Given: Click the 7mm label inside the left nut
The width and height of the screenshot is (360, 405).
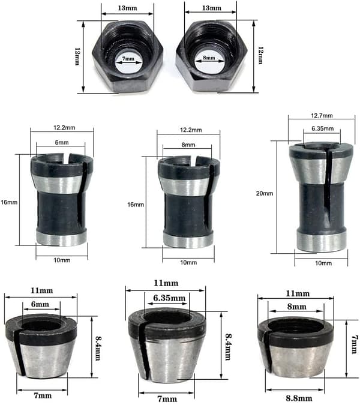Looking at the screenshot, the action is (128, 59).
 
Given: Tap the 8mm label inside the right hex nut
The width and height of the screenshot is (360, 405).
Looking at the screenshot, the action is (209, 58).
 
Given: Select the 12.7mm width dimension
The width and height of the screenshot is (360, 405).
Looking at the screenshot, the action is (322, 115).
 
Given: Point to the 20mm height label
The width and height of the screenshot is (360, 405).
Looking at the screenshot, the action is (265, 193).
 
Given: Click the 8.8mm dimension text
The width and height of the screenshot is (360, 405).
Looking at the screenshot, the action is (299, 398).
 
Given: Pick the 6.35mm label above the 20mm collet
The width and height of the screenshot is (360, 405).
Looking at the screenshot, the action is (322, 128).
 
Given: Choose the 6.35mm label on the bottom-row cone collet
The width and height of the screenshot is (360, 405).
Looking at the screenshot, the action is (169, 298).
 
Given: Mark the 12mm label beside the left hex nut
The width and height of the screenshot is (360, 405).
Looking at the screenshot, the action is (77, 56).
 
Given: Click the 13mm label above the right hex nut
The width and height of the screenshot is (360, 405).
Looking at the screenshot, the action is (212, 8).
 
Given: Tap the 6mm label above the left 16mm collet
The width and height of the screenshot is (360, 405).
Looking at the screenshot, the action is (62, 142).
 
